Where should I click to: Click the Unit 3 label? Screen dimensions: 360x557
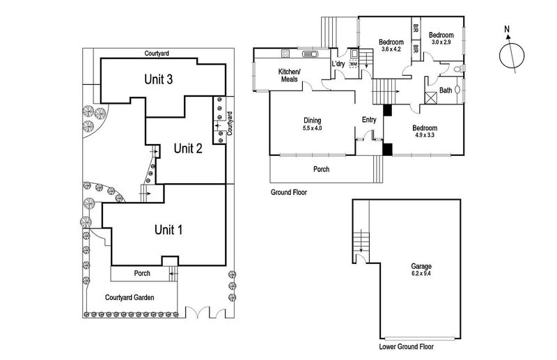158,79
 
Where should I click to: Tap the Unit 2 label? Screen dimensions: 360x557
187,148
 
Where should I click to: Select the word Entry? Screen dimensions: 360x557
369,120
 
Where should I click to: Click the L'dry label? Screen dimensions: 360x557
339,65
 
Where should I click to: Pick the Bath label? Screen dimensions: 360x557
444,91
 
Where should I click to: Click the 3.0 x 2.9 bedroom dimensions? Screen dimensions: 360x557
441,43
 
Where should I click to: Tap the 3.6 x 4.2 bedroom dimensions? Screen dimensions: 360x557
391,49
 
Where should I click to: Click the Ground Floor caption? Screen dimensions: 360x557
288,191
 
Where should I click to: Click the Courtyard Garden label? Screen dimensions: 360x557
130,297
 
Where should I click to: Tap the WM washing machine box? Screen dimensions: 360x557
353,64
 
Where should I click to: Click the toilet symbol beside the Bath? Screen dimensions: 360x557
456,70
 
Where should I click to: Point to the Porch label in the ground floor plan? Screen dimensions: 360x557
321,169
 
